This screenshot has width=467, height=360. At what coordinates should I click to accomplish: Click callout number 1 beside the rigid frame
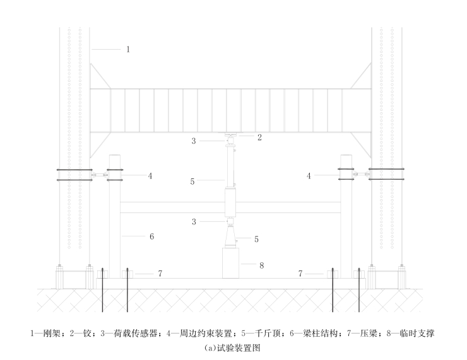pos(128,49)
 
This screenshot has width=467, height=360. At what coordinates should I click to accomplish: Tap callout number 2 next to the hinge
pos(259,136)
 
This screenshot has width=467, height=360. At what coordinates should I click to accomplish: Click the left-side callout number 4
pos(150,177)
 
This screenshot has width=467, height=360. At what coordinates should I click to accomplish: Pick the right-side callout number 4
pos(309,177)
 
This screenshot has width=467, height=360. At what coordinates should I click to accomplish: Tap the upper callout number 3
pos(194,141)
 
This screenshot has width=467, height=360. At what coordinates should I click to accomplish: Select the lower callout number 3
pos(194,221)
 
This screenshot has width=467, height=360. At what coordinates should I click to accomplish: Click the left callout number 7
pos(160,274)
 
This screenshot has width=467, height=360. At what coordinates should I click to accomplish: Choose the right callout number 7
pos(300,274)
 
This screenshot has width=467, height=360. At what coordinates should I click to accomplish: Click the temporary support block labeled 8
pos(232,262)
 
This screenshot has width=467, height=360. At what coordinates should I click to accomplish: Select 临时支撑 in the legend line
pos(420,332)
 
